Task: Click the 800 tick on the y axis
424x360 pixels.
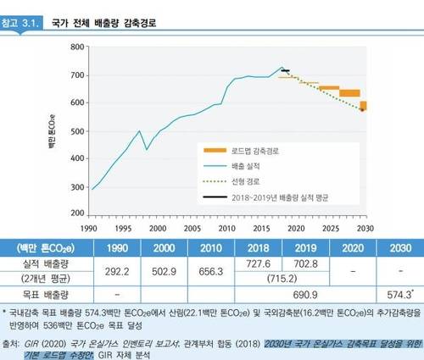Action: (x=77, y=47)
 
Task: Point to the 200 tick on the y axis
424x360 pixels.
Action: (x=77, y=213)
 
